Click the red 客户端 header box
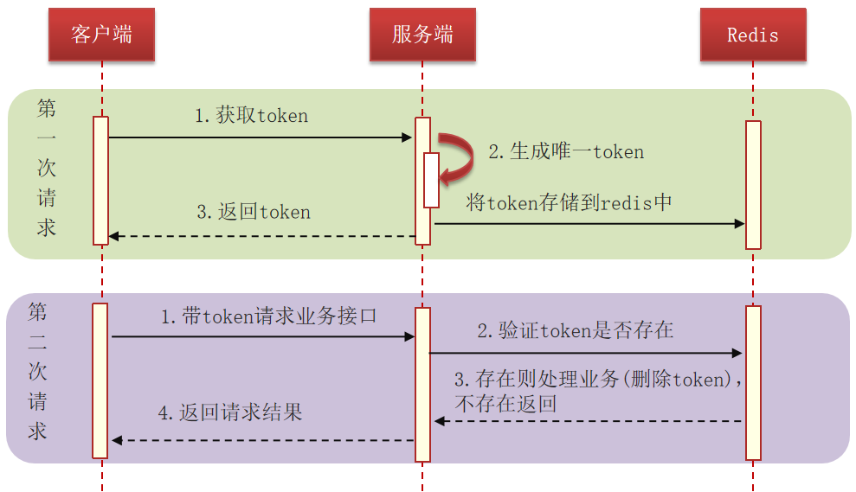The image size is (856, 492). click(101, 35)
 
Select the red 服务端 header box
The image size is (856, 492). click(422, 35)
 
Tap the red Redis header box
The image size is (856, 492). click(753, 35)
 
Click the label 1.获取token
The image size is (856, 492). click(251, 116)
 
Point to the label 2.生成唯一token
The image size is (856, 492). click(566, 152)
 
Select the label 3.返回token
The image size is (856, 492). click(254, 212)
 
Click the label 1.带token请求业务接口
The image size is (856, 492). click(269, 316)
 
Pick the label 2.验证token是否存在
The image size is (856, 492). click(576, 330)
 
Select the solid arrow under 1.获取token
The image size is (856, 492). click(260, 137)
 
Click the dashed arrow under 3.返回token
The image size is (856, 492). click(260, 236)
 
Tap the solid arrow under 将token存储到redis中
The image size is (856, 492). click(589, 224)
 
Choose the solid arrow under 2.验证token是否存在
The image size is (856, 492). click(586, 353)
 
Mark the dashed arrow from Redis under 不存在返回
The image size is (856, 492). click(589, 421)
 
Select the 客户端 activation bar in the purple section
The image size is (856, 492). click(100, 380)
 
